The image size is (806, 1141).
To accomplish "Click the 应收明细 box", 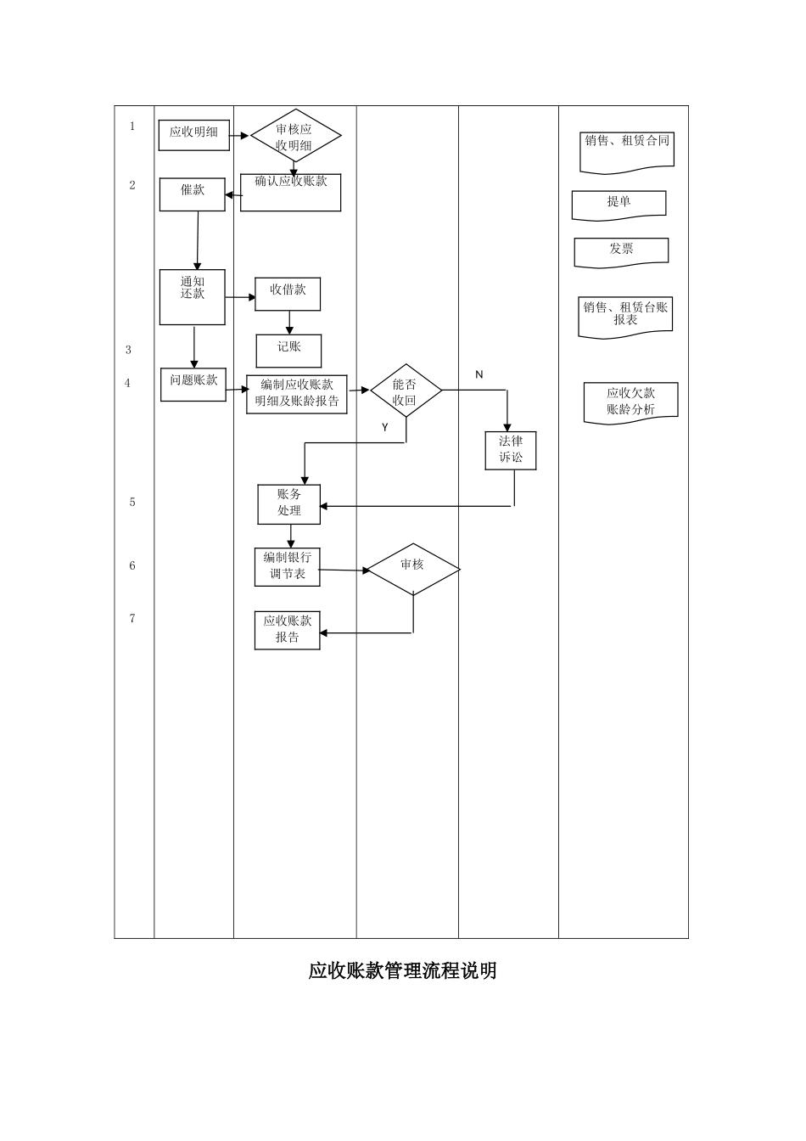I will point(193,135).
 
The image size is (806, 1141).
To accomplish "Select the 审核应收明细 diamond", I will point(294,136).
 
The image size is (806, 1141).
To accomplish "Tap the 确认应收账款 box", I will point(290,193).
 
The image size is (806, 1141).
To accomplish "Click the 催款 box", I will point(193,194).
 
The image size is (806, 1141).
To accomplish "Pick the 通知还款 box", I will point(193,296).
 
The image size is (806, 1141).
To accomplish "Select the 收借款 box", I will point(288,294).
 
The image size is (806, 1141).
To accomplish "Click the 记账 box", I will point(288,350).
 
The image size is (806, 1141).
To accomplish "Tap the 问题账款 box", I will point(193,384).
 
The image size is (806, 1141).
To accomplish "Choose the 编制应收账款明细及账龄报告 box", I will point(297,394).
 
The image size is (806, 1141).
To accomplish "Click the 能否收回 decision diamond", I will point(406,391).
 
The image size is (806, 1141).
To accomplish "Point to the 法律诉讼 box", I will point(511,450).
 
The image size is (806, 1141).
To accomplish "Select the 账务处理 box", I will point(289,503).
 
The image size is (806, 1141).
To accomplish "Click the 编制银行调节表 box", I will point(288,566).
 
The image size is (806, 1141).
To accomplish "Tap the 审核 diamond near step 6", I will point(413,569).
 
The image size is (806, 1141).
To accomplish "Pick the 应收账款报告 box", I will point(288,630).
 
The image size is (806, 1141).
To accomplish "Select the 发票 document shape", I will point(621,251).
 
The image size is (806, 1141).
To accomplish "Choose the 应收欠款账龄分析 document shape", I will point(630,402).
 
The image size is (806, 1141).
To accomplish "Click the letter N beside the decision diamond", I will point(479,374).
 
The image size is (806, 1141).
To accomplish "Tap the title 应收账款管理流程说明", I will point(402,970).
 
